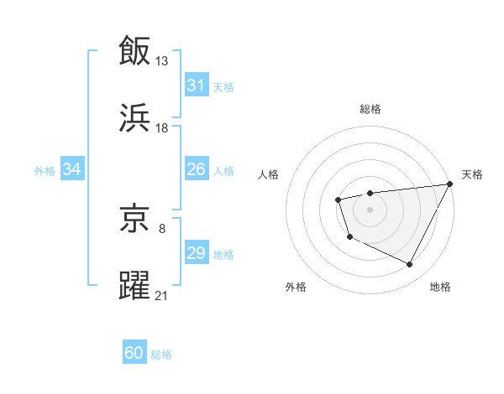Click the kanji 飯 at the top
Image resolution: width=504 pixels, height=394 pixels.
coord(134,49)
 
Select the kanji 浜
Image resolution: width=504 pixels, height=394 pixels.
coord(134,117)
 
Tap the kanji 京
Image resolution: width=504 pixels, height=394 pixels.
coord(134,220)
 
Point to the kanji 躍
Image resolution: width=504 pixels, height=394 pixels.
coord(134,285)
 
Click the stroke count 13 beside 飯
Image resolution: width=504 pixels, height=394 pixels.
coord(162,60)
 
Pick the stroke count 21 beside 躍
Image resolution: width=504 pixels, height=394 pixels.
coord(162,295)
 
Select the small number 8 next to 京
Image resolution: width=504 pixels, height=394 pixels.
coord(161,228)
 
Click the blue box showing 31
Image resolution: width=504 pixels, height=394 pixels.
coord(196,86)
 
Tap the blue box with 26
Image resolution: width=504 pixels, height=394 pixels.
coord(196,169)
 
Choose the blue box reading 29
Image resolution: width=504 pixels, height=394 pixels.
coord(196,253)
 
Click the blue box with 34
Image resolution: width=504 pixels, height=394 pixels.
coord(72,169)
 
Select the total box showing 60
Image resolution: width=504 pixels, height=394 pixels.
coord(134,353)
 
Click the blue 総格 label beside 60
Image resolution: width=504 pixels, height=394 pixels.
coord(161,355)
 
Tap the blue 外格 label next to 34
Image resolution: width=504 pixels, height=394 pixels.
coord(45,171)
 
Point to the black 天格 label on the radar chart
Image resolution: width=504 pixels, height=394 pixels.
coord(472,174)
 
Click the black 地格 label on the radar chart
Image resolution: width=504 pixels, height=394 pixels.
coord(440,287)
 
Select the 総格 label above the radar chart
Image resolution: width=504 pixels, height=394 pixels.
coord(370,109)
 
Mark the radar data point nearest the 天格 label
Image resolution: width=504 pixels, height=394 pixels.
coord(449,184)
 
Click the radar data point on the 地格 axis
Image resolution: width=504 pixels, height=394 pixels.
coord(410,265)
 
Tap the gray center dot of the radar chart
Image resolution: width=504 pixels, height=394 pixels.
coord(370,209)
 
